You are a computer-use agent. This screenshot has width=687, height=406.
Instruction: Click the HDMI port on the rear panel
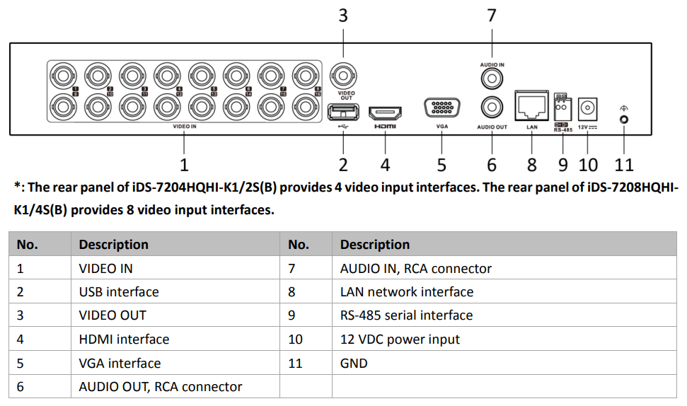tap(386, 112)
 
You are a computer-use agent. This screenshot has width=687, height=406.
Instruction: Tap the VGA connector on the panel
tap(441, 109)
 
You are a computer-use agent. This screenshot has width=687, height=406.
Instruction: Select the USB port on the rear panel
tap(343, 111)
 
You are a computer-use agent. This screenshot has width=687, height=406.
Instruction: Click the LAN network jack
tap(532, 107)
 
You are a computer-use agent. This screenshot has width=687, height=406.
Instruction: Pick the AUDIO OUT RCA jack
tap(492, 108)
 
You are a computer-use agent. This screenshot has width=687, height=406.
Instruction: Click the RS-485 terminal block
tap(562, 110)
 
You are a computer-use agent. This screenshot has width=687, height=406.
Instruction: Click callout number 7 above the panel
tap(492, 16)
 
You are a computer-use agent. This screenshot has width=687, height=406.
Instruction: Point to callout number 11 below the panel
tap(623, 165)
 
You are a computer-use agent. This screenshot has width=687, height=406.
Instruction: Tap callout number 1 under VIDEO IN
tap(185, 165)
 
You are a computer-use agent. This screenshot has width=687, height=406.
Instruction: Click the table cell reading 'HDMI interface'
tap(124, 340)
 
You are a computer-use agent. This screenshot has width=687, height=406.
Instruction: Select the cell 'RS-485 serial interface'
tap(406, 315)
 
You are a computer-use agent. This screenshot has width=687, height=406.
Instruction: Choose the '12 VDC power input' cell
tap(400, 340)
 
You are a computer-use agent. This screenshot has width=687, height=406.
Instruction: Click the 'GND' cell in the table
tap(354, 364)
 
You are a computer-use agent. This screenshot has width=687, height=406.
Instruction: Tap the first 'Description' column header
tap(113, 245)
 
